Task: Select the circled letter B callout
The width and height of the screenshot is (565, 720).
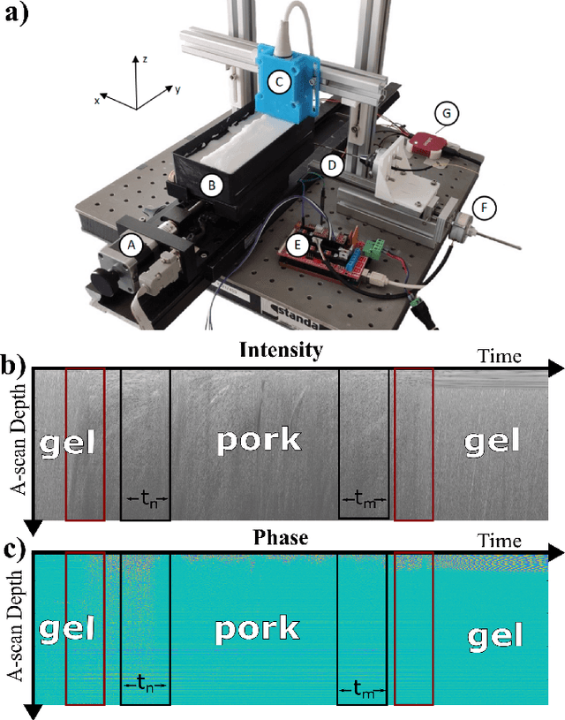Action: (211, 186)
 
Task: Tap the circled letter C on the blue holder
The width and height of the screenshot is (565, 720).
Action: (278, 82)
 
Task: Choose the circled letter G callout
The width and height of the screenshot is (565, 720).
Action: (448, 114)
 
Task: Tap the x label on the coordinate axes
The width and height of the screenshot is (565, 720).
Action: (97, 101)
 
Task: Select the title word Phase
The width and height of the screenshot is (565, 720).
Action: (279, 538)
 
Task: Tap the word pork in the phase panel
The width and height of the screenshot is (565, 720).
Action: (255, 629)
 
